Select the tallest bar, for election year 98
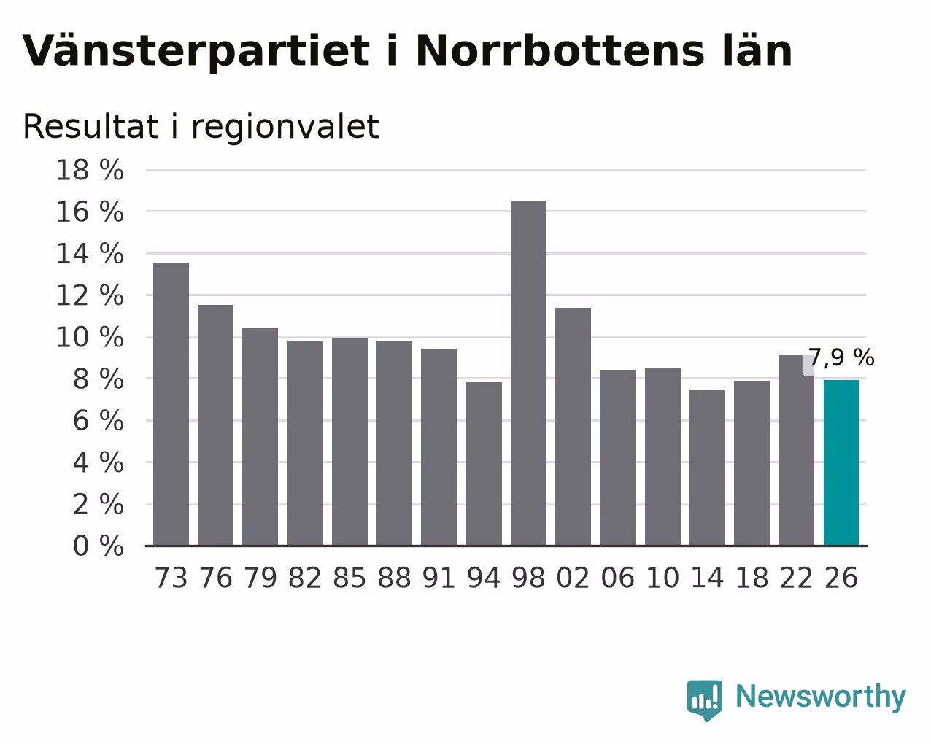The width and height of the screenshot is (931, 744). (528, 373)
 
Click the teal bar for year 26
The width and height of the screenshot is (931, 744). (841, 463)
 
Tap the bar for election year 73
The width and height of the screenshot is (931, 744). (171, 404)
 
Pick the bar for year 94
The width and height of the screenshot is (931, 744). (484, 464)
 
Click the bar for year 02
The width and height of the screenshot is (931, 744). (573, 427)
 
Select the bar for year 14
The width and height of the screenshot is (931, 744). (707, 468)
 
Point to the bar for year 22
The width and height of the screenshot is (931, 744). (796, 450)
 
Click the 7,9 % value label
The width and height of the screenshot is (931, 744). (841, 357)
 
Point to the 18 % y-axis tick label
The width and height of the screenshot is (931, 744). (90, 170)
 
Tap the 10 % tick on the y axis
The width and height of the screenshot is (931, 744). (90, 338)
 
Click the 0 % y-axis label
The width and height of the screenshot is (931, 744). (98, 546)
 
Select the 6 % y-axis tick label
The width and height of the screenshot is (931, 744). (98, 421)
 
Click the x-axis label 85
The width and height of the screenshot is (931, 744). (349, 578)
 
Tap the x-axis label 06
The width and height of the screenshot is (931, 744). (617, 578)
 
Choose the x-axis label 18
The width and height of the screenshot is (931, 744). (752, 578)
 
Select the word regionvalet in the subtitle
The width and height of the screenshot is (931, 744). (285, 127)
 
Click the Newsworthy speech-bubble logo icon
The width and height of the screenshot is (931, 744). (705, 700)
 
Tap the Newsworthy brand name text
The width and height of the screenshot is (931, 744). (821, 697)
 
